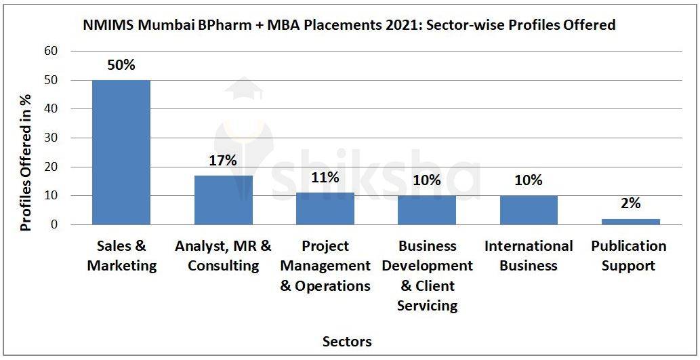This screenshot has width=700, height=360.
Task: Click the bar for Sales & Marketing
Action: point(121,152)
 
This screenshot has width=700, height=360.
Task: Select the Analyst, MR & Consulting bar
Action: point(223,200)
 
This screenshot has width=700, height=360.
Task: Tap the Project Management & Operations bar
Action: point(325,208)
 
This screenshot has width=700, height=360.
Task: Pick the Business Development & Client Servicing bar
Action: point(427,210)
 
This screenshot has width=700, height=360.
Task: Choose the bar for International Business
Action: point(529,210)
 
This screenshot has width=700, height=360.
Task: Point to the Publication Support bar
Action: point(631,222)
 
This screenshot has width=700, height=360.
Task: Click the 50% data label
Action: point(121,66)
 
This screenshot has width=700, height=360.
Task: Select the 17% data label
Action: point(223,161)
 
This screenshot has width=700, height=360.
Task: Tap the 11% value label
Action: point(325,178)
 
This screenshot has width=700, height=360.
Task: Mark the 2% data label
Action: point(630,203)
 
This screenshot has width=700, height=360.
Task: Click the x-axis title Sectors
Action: point(347,341)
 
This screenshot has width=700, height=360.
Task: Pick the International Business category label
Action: point(529,256)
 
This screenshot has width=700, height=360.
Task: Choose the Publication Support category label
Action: point(629,256)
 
